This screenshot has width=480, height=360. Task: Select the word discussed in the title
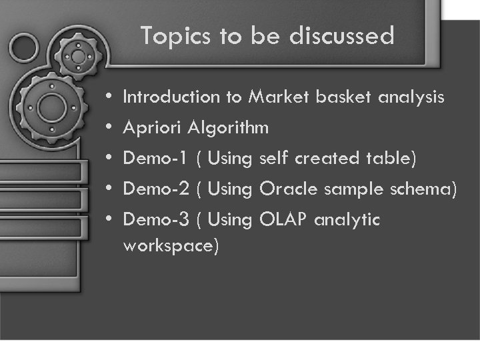(342, 36)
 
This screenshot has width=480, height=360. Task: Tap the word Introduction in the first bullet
(172, 97)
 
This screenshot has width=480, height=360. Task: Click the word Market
(279, 97)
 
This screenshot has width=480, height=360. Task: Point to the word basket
(344, 97)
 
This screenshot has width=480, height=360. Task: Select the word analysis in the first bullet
(411, 98)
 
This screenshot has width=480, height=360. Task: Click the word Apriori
(153, 128)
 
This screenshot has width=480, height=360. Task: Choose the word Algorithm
(229, 128)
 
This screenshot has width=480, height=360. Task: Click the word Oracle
(289, 189)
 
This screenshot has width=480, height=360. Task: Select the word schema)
(425, 189)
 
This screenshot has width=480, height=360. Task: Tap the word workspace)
(171, 245)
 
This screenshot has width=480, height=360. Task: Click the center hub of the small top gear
(79, 57)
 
